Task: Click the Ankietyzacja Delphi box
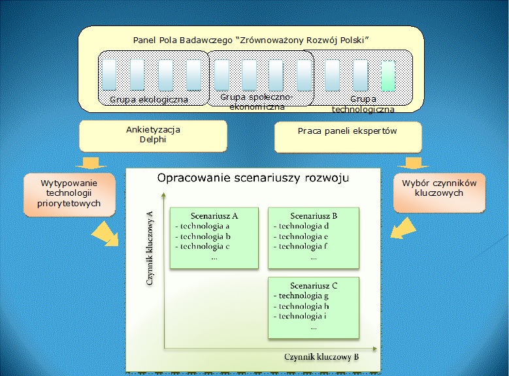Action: [x=153, y=136]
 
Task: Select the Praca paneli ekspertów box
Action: [x=348, y=137]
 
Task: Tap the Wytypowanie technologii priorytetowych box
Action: [x=69, y=195]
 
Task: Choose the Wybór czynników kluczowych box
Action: [x=439, y=193]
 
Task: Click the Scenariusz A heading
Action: [x=214, y=215]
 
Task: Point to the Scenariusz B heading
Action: [x=314, y=215]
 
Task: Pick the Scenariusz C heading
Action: [x=314, y=285]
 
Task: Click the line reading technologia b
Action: [x=203, y=236]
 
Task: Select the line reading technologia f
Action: [x=301, y=247]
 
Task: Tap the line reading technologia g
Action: [x=301, y=296]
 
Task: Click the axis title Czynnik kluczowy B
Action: [x=321, y=357]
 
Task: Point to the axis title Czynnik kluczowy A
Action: [x=150, y=248]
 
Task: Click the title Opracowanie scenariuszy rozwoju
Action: [x=254, y=178]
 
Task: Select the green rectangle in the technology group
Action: [x=388, y=76]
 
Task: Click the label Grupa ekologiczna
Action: [x=149, y=99]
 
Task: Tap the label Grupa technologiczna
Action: [x=363, y=104]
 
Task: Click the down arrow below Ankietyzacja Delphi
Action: [x=91, y=163]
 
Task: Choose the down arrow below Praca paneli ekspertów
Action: [x=413, y=163]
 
